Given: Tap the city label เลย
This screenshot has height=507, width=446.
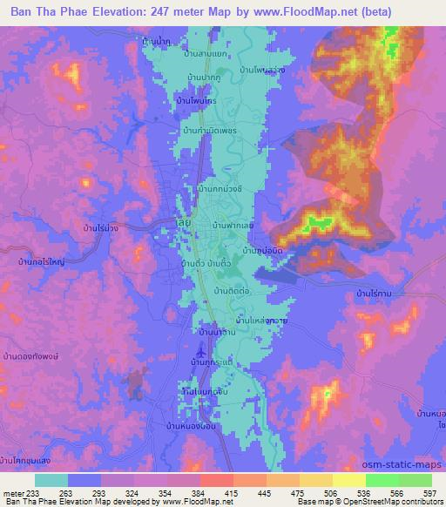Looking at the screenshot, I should point(183,222).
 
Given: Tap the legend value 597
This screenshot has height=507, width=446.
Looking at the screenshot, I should point(430,492).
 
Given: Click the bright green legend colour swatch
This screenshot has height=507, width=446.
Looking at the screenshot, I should point(381,480).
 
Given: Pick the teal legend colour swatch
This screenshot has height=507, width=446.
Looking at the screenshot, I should point(51,480).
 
